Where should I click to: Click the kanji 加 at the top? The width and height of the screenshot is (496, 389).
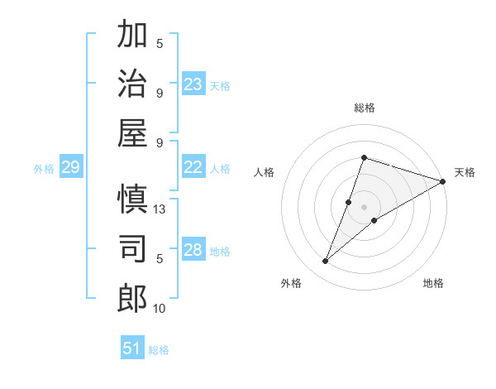[x=132, y=36]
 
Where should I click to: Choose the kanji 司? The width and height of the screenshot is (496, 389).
[x=132, y=249]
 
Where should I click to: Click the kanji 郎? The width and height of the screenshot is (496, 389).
[x=132, y=298]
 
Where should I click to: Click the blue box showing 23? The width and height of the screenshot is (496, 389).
[x=193, y=84]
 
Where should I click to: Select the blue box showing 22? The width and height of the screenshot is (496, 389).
[x=193, y=167]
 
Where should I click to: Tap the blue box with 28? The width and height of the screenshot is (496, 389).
[x=193, y=250]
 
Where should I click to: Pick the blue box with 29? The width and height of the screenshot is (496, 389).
[x=70, y=168]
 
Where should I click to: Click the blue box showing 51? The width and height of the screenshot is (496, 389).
[x=132, y=348]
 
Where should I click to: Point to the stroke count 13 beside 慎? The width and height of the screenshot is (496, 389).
[x=160, y=209]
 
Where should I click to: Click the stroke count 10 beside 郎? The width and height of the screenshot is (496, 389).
[x=160, y=309]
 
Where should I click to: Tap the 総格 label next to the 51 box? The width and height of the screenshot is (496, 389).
[x=159, y=350]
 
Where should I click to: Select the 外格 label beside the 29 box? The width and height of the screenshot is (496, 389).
[x=44, y=169]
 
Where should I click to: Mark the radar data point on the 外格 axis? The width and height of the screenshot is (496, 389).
[x=326, y=262]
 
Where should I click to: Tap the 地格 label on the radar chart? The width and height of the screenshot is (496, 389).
[x=433, y=284]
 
